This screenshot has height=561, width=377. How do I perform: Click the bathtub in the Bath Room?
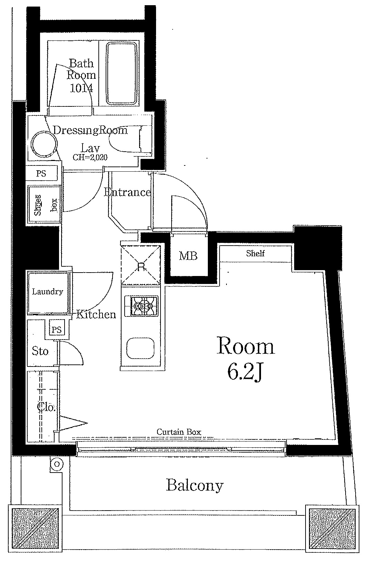122,74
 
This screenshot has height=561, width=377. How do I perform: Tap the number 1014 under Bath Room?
81,88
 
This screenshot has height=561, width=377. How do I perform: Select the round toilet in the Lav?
44,144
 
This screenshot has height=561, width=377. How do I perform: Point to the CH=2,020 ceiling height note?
90,157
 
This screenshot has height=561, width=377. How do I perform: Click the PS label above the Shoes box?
41,173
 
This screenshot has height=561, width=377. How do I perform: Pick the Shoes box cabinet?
44,204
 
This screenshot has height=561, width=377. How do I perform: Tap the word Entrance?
127,192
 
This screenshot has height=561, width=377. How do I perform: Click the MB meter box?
188,256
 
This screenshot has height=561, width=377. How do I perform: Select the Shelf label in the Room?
255,254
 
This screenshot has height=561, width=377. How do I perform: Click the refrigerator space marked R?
141,265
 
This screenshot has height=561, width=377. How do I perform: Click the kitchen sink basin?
140,348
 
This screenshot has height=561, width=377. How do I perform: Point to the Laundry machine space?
48,293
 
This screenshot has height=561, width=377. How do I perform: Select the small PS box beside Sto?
57,329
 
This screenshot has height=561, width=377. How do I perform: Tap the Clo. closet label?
46,407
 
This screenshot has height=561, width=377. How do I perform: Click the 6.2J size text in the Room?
245,372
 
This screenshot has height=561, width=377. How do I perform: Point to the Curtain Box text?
179,432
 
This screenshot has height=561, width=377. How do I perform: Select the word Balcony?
194,486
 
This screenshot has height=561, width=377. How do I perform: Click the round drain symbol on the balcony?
57,464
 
